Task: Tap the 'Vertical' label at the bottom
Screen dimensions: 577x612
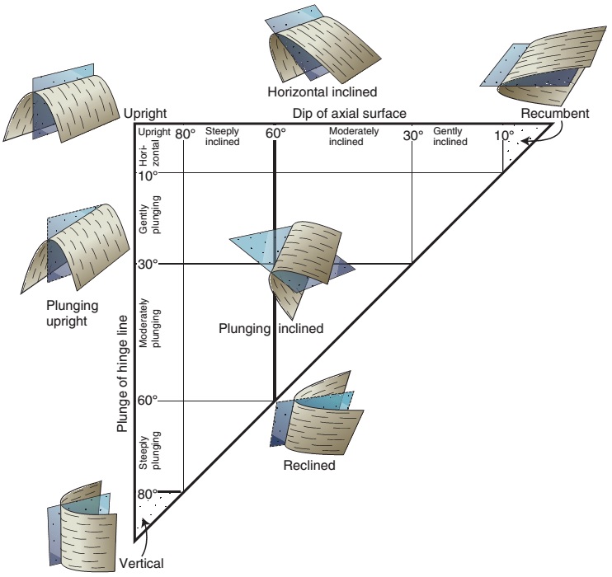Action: coord(142,564)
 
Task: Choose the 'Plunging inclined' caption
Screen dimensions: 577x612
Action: coord(271,328)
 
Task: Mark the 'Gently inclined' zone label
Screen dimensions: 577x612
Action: coord(450,136)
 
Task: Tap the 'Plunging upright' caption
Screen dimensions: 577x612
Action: coord(73,313)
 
